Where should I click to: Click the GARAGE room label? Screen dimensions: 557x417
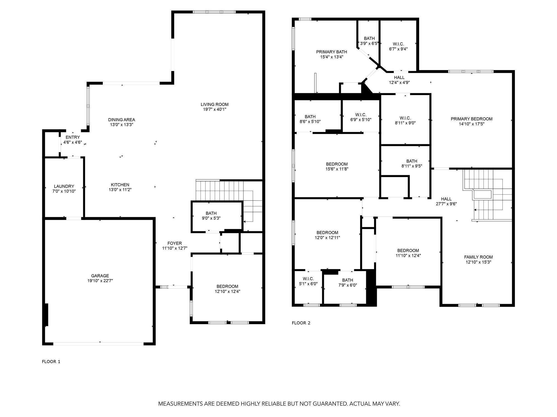[x=100, y=276]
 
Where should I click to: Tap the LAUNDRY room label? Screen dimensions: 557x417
[x=64, y=186]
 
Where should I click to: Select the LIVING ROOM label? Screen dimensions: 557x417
[x=214, y=105]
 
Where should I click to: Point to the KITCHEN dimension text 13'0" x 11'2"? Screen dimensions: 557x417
[x=120, y=190]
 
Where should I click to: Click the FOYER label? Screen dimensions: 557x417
[x=175, y=243]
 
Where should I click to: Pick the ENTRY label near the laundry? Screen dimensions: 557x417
[x=73, y=137]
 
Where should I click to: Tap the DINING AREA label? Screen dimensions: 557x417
[x=122, y=120]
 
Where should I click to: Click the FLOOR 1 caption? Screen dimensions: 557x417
[x=51, y=361]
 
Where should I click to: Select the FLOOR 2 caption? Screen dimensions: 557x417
[x=301, y=323]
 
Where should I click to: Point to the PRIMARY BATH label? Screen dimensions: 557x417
[x=331, y=52]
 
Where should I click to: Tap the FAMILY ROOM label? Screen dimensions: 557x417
[x=478, y=257]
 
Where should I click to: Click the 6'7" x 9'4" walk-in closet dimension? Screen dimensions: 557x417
[x=399, y=49]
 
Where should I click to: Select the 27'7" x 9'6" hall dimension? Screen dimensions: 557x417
[x=446, y=204]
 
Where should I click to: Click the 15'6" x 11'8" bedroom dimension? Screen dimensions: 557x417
[x=337, y=169]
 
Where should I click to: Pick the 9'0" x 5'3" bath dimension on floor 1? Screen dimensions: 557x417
[x=211, y=218]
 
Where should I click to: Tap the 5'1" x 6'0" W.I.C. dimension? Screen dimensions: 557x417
[x=308, y=284]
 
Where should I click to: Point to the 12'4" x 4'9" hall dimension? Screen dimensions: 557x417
[x=399, y=82]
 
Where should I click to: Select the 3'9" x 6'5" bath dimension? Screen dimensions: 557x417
[x=369, y=43]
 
